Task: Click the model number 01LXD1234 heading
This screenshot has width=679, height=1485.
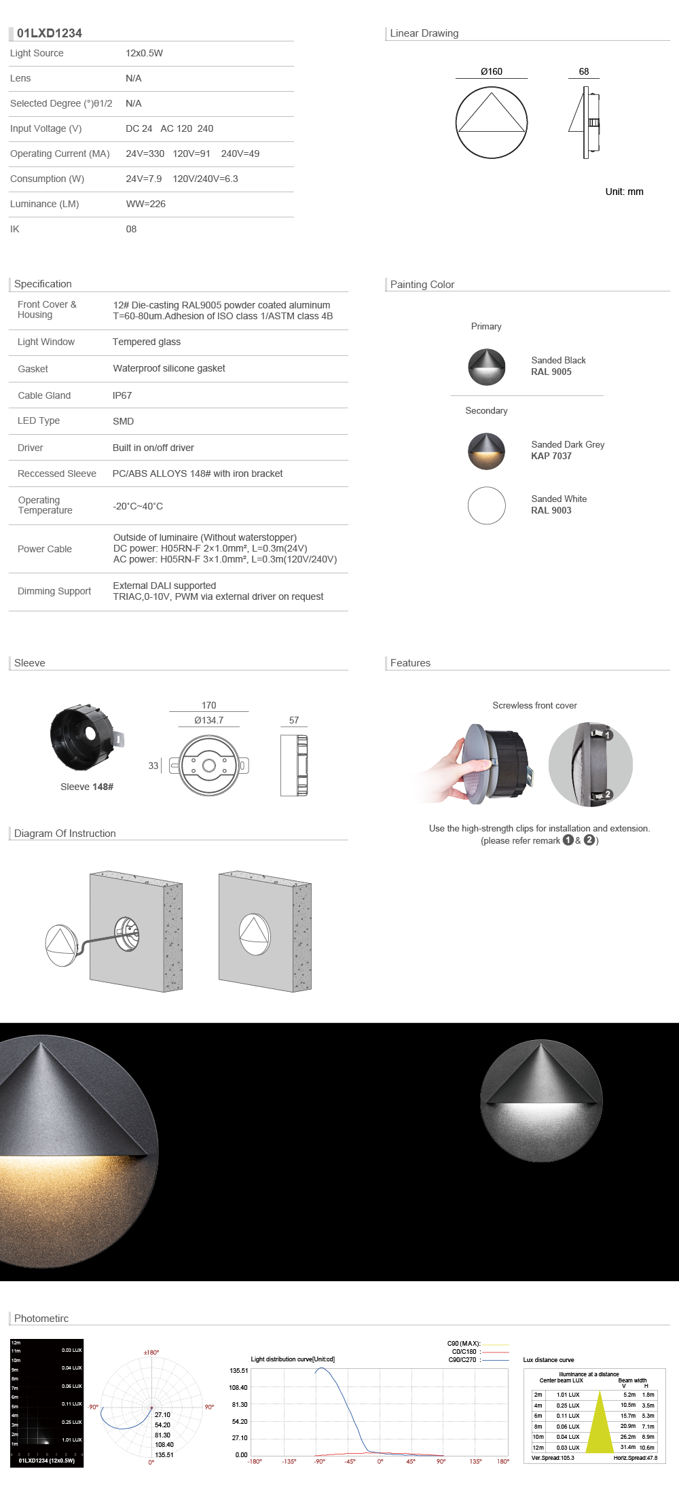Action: (50, 33)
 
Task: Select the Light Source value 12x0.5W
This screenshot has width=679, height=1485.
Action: (144, 53)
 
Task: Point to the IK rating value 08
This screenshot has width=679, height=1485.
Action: (131, 229)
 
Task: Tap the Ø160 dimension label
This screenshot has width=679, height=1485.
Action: (492, 71)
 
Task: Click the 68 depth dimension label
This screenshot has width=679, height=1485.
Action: (584, 71)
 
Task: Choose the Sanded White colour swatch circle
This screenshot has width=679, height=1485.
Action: (487, 505)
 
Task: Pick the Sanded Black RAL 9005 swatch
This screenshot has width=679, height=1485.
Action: (487, 367)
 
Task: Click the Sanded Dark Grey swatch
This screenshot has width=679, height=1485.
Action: (487, 451)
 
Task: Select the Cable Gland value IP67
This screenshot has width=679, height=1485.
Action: (122, 395)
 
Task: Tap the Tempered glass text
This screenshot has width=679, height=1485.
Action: (147, 342)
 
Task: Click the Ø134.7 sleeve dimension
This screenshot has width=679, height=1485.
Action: (208, 720)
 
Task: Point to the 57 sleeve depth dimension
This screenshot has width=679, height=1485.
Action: (294, 720)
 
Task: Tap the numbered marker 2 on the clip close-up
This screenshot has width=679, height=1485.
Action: (608, 794)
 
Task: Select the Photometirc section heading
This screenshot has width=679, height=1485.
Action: (41, 1319)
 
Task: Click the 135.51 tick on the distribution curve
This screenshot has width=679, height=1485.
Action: (238, 1371)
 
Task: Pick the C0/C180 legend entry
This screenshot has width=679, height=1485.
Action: (464, 1352)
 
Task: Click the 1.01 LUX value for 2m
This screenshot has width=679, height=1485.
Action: (568, 1395)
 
